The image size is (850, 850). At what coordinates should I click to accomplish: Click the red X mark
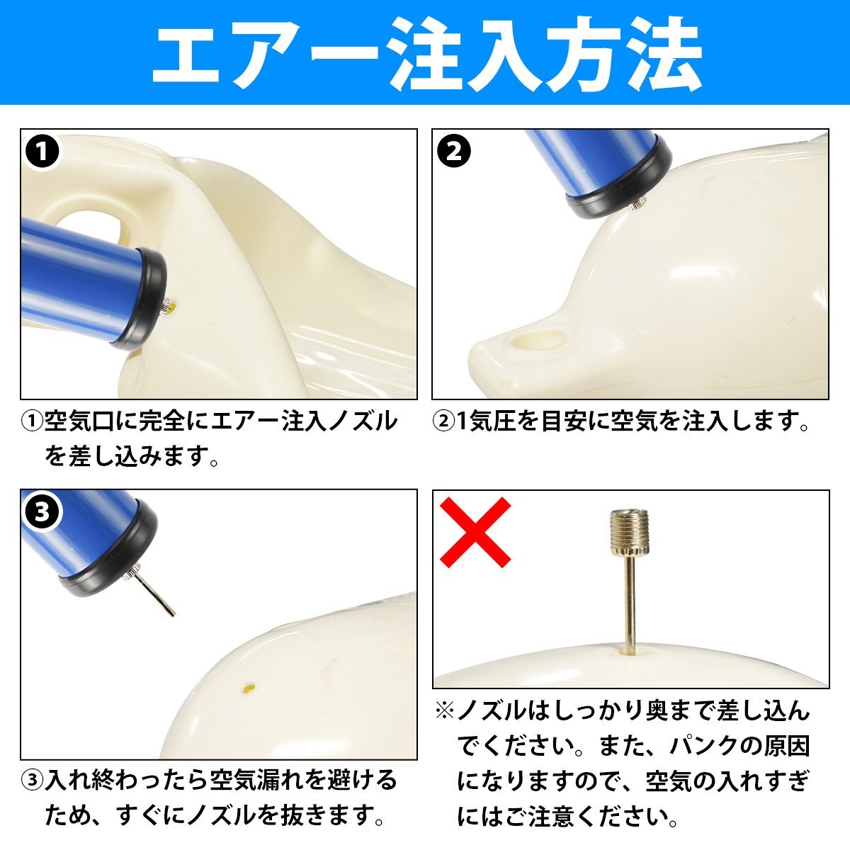475,531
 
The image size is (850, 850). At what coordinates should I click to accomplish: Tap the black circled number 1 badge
42,152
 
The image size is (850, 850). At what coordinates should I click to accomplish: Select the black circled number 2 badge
454,152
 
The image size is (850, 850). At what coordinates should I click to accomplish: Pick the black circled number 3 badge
42,512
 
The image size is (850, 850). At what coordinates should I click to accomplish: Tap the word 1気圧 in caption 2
487,421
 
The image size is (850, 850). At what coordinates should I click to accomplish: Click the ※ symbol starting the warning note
445,711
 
